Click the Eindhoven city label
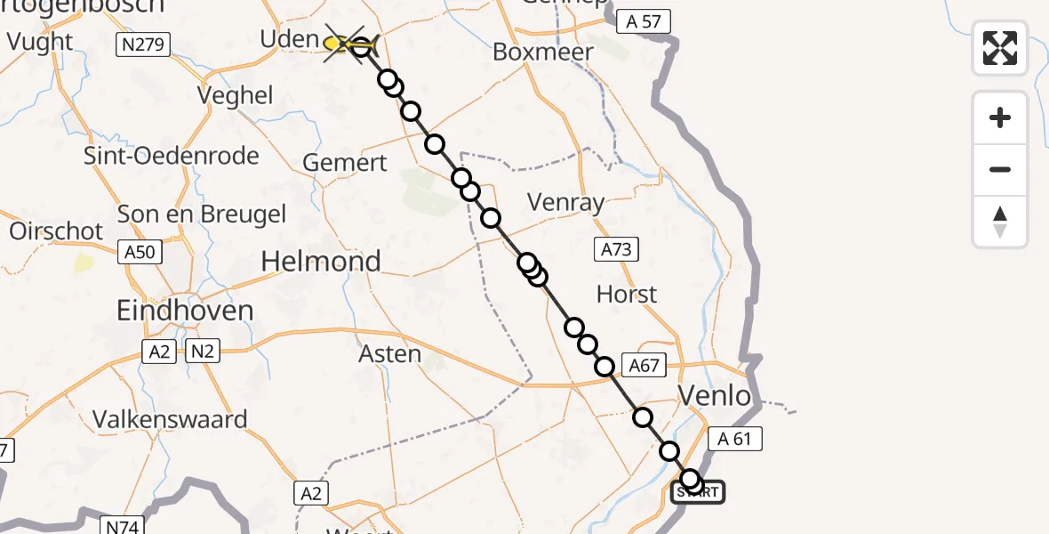coord(185,311)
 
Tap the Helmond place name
coord(321,261)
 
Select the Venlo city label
coord(715,394)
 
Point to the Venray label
coord(565,203)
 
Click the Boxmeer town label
coord(542,53)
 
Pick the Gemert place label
coord(345,163)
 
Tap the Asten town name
coord(389,354)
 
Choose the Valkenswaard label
coord(170,419)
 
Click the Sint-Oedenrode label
coord(171,156)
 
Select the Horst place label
coord(627,294)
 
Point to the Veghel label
coord(236,96)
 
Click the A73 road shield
coord(616,250)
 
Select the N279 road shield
coord(143,44)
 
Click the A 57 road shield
coord(643,21)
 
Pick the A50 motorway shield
coord(140,252)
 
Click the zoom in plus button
coord(1000,117)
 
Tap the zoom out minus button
coord(1000,169)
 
